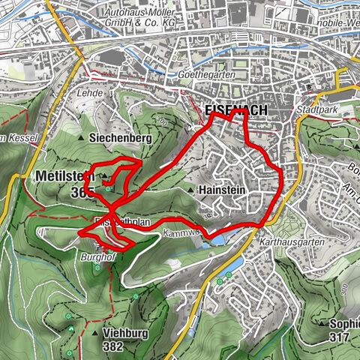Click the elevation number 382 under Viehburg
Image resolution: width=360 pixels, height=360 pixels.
point(113,346)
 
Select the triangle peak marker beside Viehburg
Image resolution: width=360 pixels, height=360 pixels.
point(95,333)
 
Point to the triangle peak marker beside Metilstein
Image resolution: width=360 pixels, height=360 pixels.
point(105,177)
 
